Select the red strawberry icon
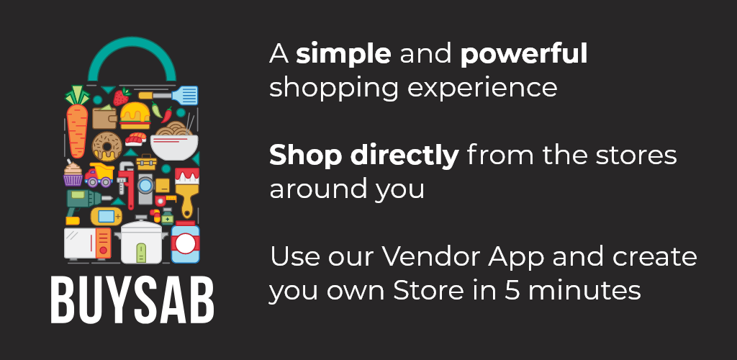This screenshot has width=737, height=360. pyautogui.click(x=122, y=96)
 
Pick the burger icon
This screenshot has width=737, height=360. pyautogui.click(x=135, y=116)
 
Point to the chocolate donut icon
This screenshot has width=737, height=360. pyautogui.click(x=107, y=146)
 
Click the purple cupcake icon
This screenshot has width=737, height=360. pyautogui.click(x=73, y=174)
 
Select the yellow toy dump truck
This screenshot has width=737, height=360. pyautogui.click(x=99, y=175)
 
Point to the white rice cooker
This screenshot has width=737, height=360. pyautogui.click(x=141, y=241)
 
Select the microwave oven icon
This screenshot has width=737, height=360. pyautogui.click(x=88, y=243)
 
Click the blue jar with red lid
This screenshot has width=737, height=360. pyautogui.click(x=185, y=242)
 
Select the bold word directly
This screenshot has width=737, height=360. pyautogui.click(x=405, y=156)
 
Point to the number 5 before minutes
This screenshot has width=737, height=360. pyautogui.click(x=512, y=290)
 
